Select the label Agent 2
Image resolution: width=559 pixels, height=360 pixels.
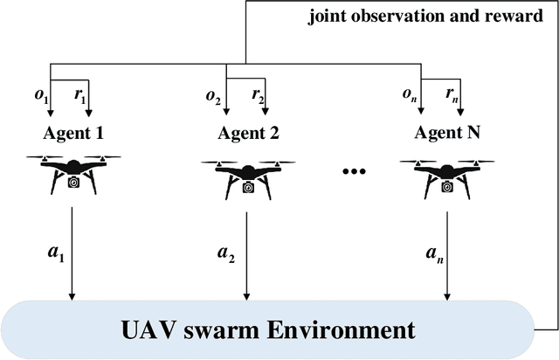tap(249, 133)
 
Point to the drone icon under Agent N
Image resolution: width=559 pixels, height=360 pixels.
tap(446, 174)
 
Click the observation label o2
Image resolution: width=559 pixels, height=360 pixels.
tap(212, 95)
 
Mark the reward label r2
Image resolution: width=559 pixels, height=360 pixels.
tap(257, 95)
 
